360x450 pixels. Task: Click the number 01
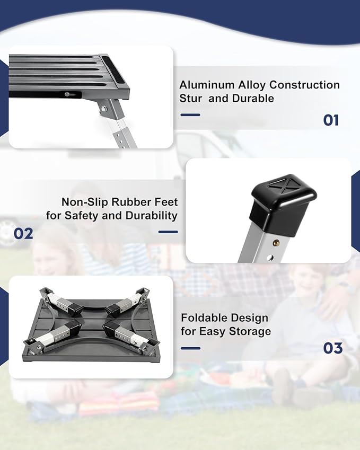click(x=331, y=120)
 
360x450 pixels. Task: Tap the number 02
click(x=23, y=233)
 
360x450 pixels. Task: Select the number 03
click(x=333, y=348)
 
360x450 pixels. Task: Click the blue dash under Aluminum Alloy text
click(x=190, y=114)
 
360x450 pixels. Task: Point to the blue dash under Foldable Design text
click(x=190, y=348)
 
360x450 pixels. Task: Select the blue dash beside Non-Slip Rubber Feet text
click(x=168, y=232)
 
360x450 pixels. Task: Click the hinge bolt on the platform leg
click(x=104, y=109)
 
